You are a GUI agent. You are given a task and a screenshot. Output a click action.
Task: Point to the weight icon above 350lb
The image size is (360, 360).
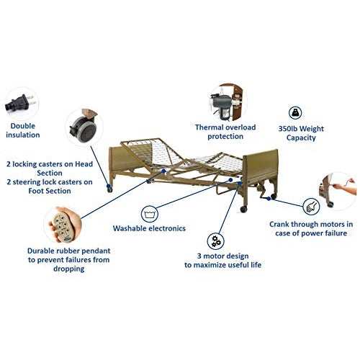tap(296, 112)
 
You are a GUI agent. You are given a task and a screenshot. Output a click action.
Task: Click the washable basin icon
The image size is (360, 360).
tap(150, 213)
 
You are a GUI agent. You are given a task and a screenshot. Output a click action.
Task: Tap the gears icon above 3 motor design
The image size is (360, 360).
tap(214, 240)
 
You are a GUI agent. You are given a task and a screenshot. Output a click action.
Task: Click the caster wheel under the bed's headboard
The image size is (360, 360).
tap(109, 189)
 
